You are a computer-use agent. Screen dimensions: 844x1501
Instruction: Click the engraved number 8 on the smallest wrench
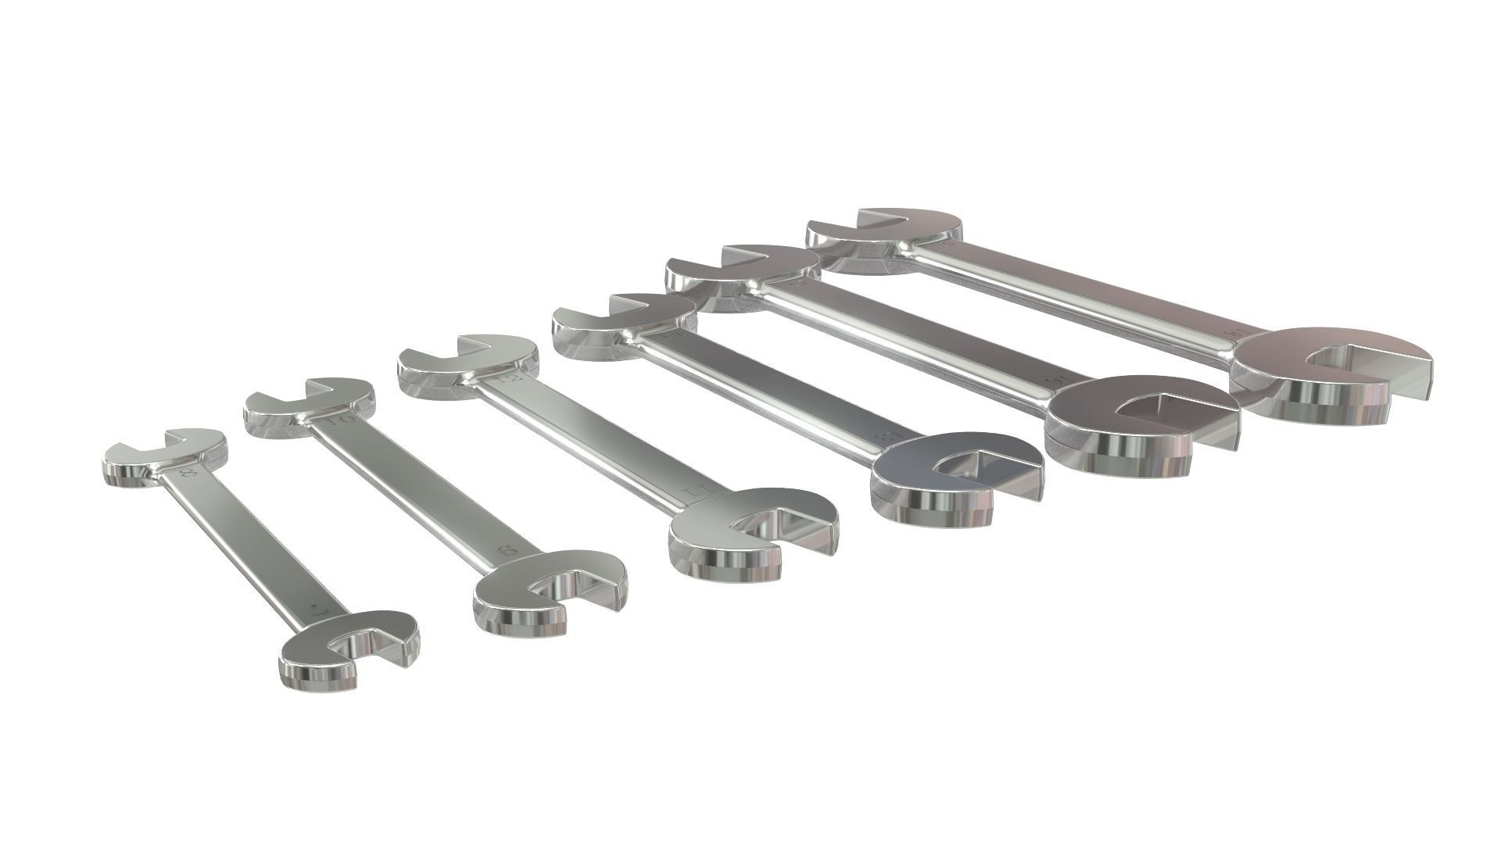coord(186,473)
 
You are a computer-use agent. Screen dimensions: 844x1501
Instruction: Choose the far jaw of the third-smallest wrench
coord(467,366)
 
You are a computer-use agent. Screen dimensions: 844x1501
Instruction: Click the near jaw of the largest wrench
coord(1329,374)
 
